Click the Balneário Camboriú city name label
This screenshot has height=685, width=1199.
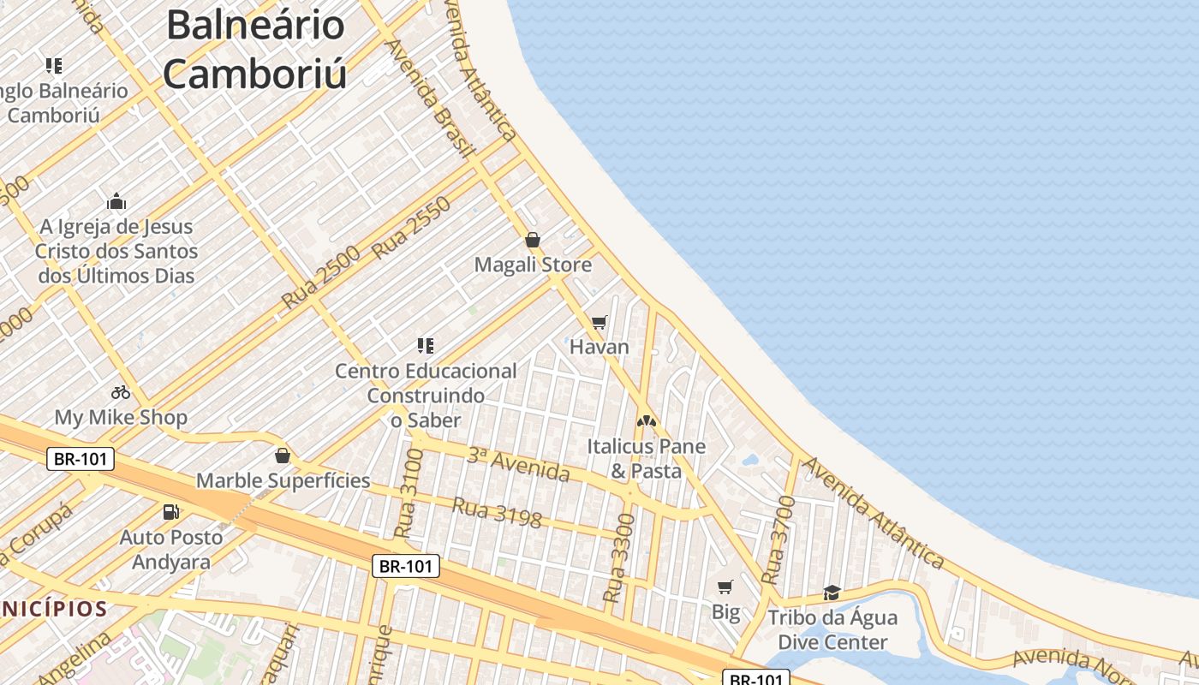tap(255, 50)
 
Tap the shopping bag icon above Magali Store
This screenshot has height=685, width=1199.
tap(532, 240)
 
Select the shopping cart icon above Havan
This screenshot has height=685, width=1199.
tap(599, 322)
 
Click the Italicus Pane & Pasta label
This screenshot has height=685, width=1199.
tap(647, 458)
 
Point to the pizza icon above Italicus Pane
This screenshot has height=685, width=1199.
tap(646, 421)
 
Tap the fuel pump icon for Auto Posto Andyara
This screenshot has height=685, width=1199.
tap(171, 512)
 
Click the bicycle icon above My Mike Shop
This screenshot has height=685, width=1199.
tap(121, 392)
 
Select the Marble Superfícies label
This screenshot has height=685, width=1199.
tap(283, 480)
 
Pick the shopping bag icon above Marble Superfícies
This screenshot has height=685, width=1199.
tap(283, 456)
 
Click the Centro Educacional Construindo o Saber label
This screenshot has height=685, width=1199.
tap(426, 396)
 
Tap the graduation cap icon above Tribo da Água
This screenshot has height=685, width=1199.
tap(832, 593)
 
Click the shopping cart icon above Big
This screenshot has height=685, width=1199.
tap(725, 587)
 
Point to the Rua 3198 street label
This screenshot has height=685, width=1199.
tap(497, 512)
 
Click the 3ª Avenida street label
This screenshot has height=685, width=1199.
tap(518, 463)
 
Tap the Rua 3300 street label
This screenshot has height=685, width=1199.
tap(620, 557)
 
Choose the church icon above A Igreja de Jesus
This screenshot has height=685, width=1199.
tap(116, 202)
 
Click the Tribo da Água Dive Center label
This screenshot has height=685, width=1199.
tap(832, 629)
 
